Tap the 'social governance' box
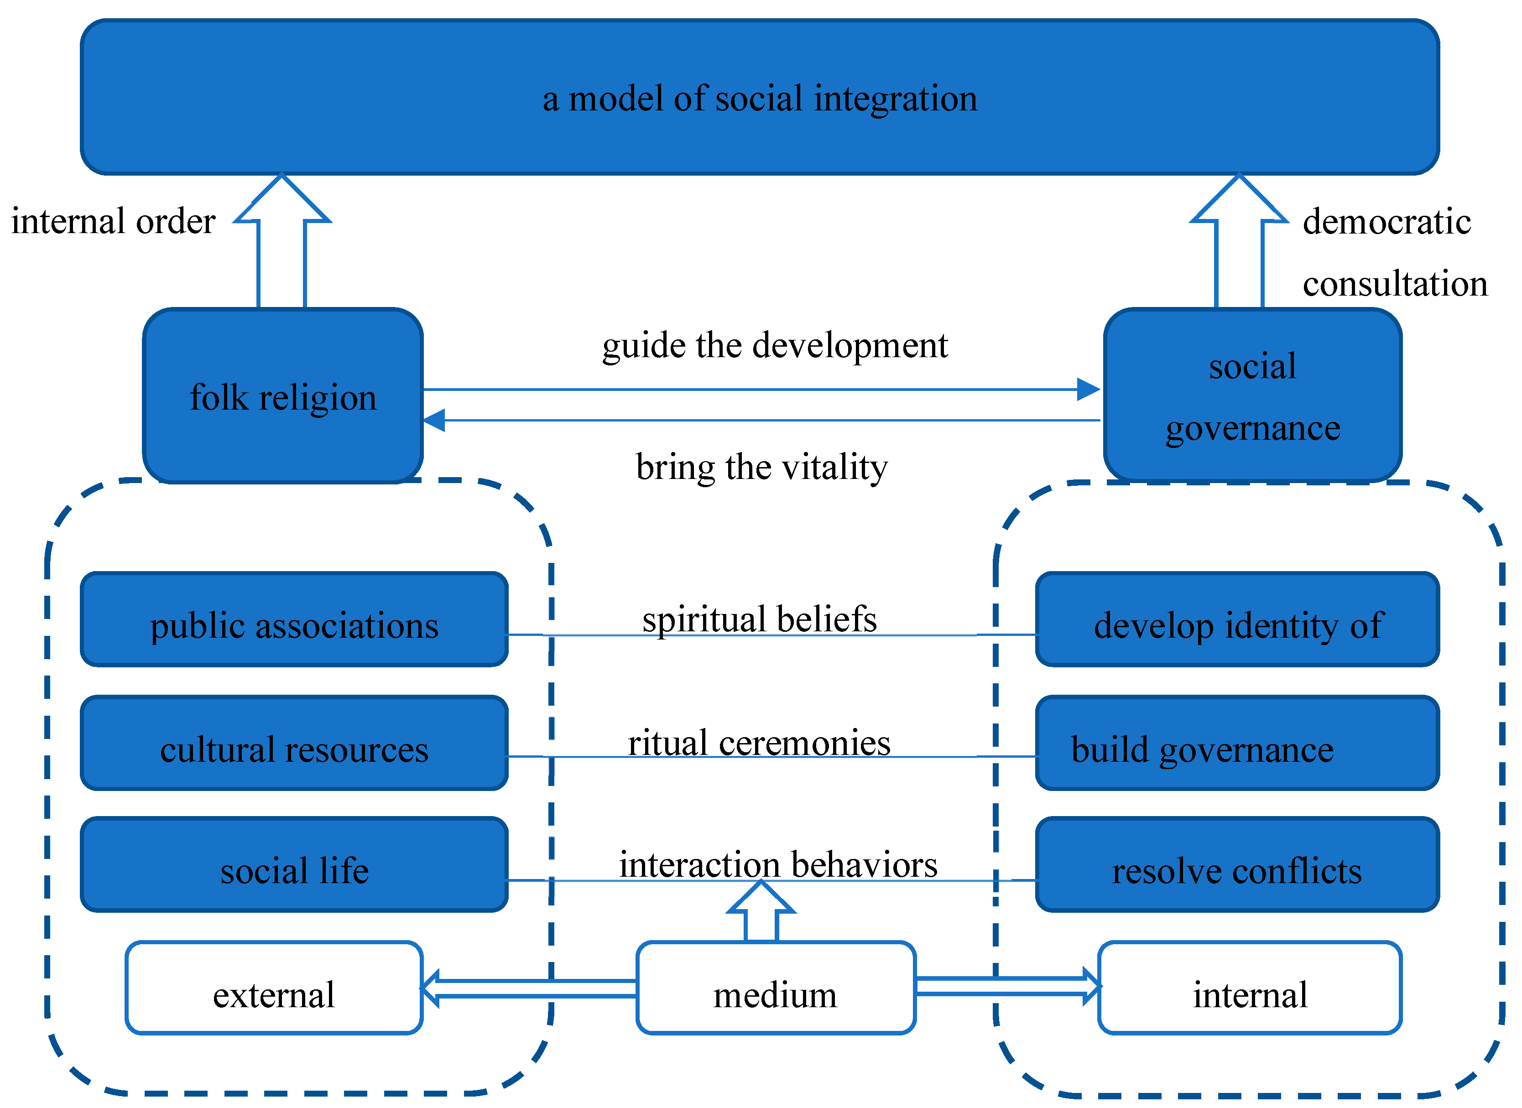pyautogui.click(x=1252, y=396)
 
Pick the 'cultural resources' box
pyautogui.click(x=294, y=743)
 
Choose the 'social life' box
pyautogui.click(x=294, y=865)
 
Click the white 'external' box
pyautogui.click(x=274, y=988)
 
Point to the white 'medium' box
pyautogui.click(x=776, y=988)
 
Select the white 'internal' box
pyautogui.click(x=1250, y=988)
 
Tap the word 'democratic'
pyautogui.click(x=1386, y=222)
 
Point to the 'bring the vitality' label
pyautogui.click(x=761, y=467)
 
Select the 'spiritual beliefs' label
pyautogui.click(x=759, y=618)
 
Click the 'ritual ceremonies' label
pyautogui.click(x=759, y=742)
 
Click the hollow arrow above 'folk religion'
pyautogui.click(x=282, y=242)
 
